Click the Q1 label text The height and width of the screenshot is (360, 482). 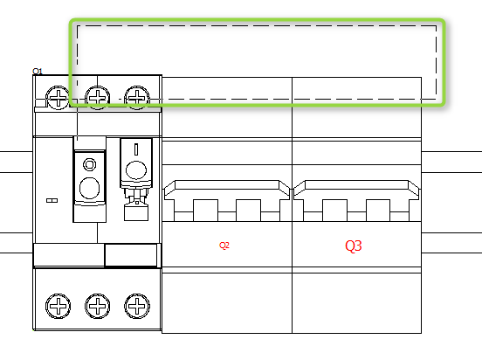click(38, 72)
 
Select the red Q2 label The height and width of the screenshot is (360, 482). click(224, 246)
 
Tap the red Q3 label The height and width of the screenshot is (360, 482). click(354, 246)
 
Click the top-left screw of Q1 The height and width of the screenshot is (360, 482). click(58, 98)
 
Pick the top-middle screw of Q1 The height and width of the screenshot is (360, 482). click(98, 98)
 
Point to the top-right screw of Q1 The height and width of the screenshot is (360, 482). click(137, 98)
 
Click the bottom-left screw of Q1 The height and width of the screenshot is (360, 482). click(58, 306)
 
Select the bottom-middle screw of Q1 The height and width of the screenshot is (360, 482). click(98, 306)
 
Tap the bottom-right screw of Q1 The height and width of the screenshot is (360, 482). click(137, 306)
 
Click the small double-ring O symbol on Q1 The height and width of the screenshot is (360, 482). click(89, 164)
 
